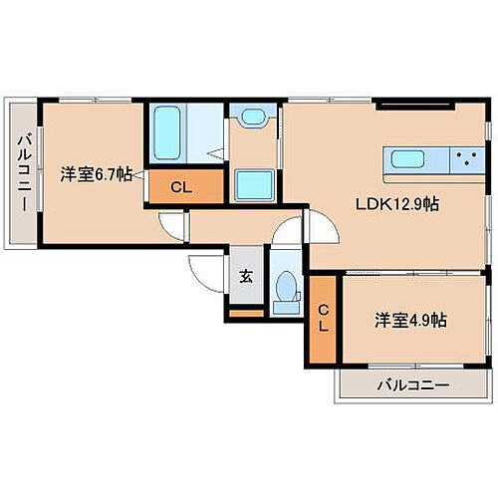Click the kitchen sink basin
pos(410,158)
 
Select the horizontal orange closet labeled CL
pos(181,185)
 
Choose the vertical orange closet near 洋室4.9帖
pos(322,318)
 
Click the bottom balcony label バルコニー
pos(412,384)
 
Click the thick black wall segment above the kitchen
pos(403,105)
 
